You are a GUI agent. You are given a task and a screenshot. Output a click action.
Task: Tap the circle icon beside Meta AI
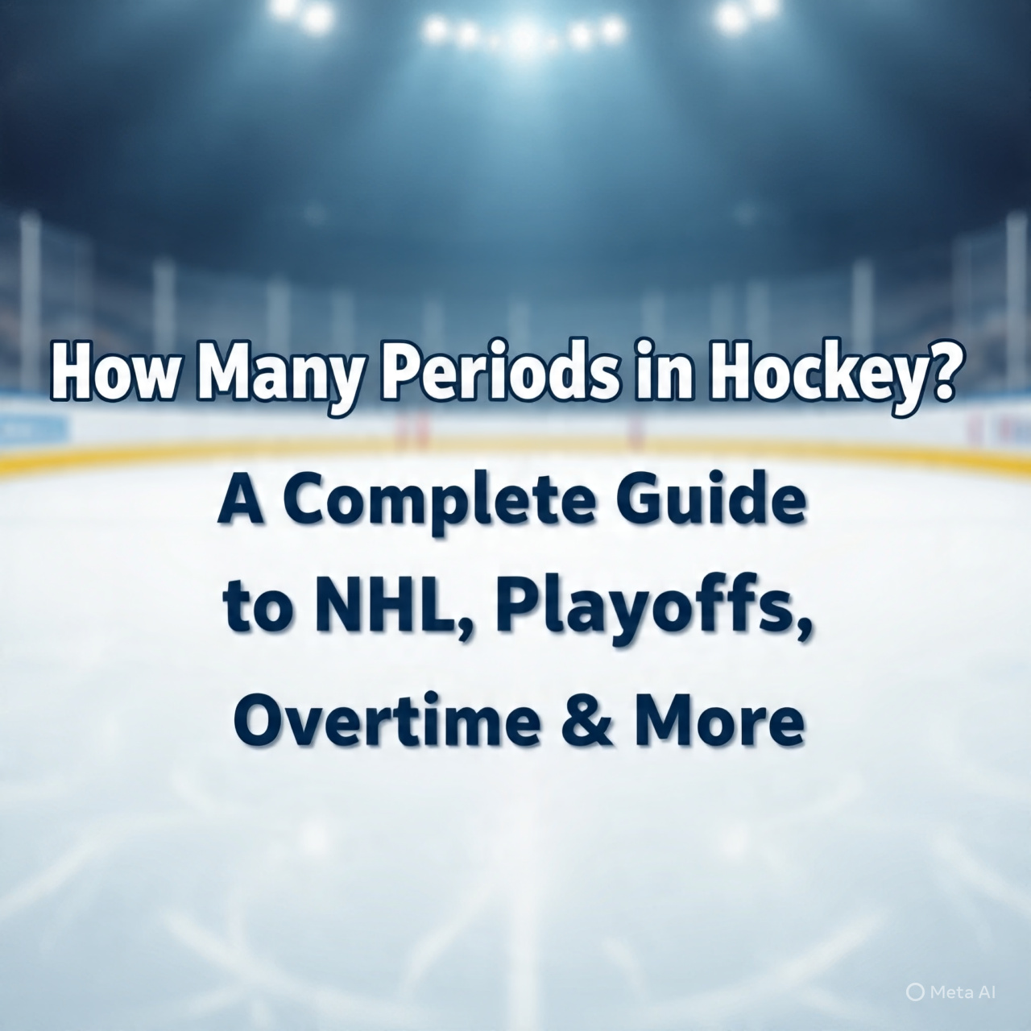[915, 993]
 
